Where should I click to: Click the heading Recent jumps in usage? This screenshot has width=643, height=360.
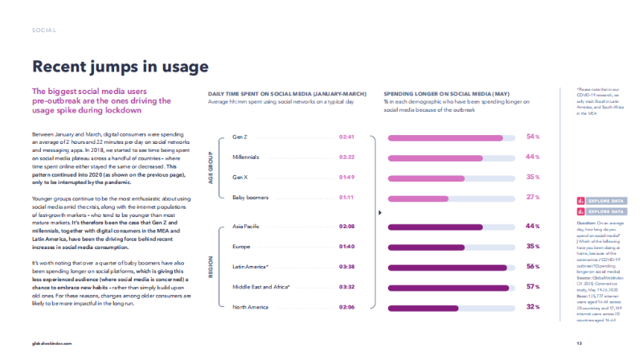(120, 66)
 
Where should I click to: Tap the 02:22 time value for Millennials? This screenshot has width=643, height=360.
(348, 157)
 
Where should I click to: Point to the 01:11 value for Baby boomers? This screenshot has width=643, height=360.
(348, 198)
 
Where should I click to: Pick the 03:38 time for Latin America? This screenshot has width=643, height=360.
(348, 267)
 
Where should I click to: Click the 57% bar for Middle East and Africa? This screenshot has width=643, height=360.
(450, 287)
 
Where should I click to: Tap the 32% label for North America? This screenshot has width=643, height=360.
(532, 307)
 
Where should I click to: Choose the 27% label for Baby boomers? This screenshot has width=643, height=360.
(532, 197)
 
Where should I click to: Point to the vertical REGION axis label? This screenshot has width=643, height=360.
(211, 267)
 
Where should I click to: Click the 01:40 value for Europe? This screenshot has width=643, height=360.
(348, 246)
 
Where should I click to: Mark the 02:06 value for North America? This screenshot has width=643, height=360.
(348, 307)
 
